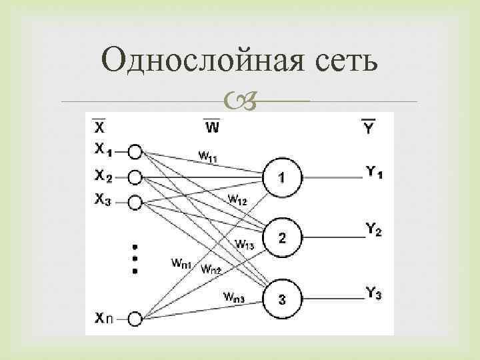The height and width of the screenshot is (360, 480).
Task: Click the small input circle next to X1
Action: pos(135,152)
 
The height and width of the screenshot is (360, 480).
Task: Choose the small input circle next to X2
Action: pos(135,177)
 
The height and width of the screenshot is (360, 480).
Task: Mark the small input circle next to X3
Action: pos(135,201)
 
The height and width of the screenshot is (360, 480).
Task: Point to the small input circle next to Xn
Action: pos(135,320)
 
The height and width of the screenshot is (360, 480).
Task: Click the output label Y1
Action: pos(374,172)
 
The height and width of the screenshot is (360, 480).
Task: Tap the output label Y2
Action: pos(374,231)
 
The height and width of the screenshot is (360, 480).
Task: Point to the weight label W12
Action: pos(237,199)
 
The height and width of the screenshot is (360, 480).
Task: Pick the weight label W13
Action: pos(245,244)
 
